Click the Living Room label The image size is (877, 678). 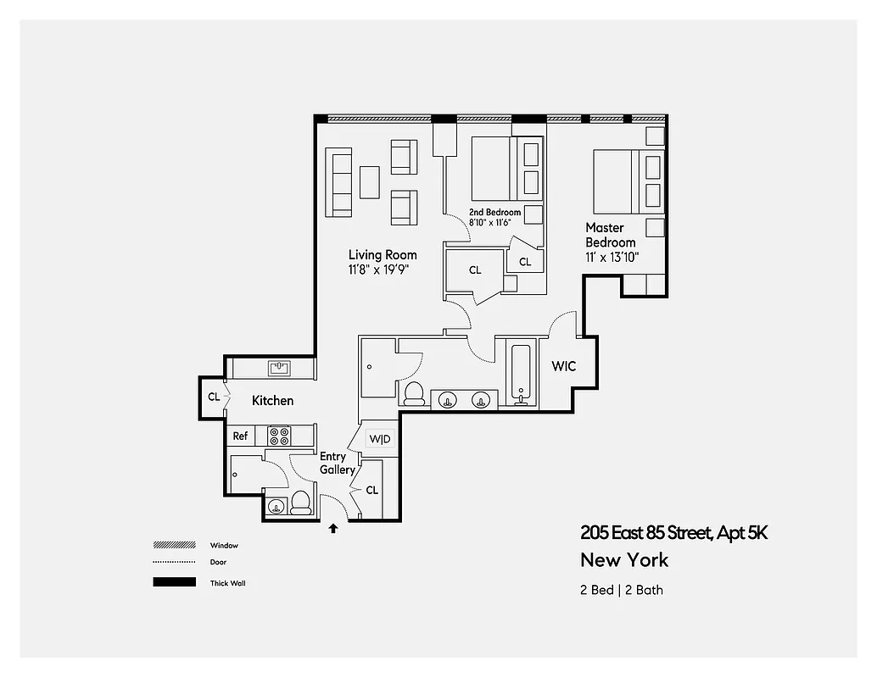[383, 254]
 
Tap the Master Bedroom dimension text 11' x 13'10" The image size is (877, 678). [612, 257]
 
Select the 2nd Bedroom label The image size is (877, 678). [495, 212]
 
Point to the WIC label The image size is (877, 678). [564, 366]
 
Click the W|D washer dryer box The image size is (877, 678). [379, 439]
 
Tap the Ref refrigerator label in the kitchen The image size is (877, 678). [241, 436]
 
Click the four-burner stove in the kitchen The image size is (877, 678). [279, 436]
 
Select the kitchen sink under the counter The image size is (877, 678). [279, 368]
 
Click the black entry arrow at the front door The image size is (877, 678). [332, 528]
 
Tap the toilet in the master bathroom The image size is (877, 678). [415, 392]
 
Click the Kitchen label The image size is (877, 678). [272, 400]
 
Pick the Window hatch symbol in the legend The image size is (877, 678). [174, 545]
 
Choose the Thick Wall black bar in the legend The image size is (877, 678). [174, 582]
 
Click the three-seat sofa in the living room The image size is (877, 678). [340, 182]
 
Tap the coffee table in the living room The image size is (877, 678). [370, 181]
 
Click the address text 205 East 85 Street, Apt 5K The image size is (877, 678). [673, 532]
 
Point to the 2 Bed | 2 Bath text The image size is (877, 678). [621, 589]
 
